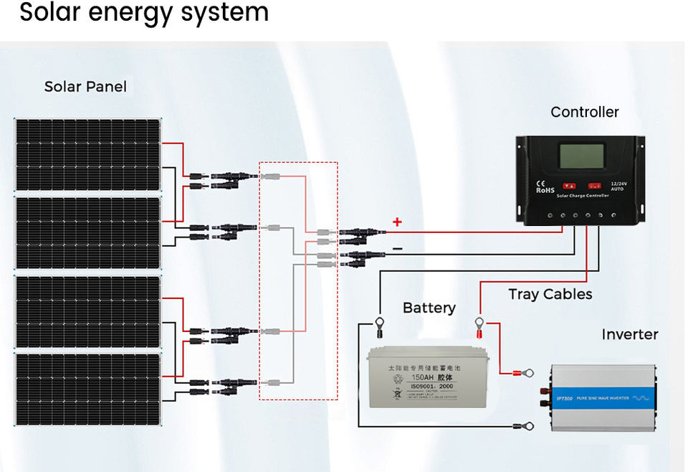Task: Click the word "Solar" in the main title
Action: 52,12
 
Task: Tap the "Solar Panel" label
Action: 85,87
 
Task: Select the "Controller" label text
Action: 584,112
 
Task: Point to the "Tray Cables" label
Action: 550,294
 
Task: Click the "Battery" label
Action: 429,308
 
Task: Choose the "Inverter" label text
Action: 629,334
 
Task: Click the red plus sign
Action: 397,222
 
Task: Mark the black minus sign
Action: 397,249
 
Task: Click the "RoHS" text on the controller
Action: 545,190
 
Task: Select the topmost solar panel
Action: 88,155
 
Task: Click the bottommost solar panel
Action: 88,389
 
